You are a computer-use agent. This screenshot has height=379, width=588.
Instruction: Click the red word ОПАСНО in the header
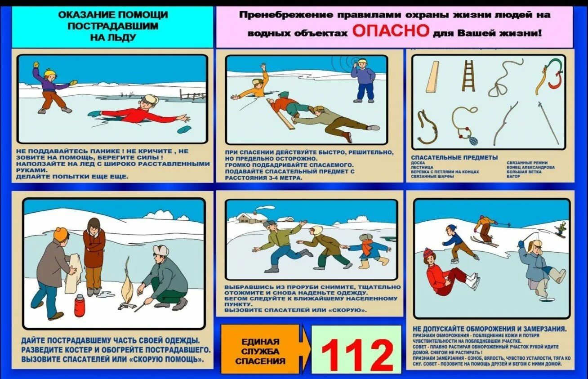click(390, 31)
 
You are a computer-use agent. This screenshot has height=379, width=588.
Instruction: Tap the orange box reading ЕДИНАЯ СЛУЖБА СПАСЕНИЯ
click(260, 351)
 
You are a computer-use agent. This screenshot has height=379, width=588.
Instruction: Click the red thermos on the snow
click(80, 305)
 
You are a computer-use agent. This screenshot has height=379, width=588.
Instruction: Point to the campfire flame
click(127, 283)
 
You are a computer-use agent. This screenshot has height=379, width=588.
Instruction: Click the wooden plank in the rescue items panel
click(432, 77)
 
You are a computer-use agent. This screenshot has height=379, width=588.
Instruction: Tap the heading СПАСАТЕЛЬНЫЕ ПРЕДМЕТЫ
click(454, 157)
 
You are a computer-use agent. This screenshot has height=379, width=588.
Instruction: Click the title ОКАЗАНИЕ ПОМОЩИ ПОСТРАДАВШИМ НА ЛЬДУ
click(113, 26)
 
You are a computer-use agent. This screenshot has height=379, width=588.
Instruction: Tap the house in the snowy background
click(246, 218)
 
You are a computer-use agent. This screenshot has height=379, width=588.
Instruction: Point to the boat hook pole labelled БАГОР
click(548, 122)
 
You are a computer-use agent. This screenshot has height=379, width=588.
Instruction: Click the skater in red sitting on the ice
click(443, 274)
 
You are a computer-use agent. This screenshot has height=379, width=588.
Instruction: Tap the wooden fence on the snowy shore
click(192, 95)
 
